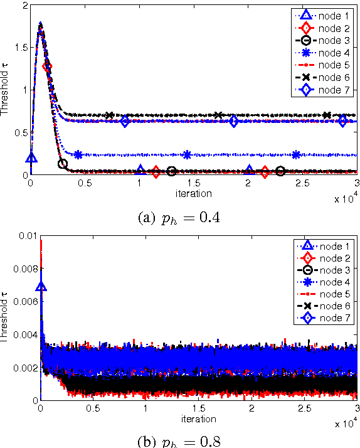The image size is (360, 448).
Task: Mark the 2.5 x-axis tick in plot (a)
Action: point(304,183)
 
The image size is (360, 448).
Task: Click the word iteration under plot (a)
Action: point(193,193)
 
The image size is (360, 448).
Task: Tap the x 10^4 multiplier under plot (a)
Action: point(346,198)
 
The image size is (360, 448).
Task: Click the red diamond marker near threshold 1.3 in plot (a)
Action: point(46,66)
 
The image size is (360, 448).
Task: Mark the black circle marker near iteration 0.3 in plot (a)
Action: point(63,164)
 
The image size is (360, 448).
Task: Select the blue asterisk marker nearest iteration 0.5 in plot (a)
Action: point(78,154)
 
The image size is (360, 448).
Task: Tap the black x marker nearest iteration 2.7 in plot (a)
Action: point(327,115)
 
